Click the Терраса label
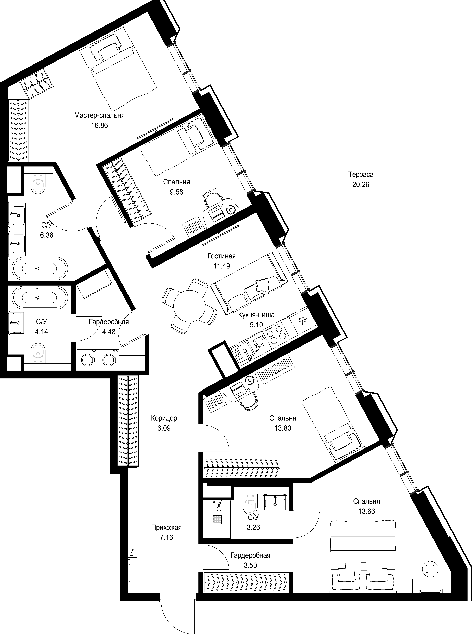(361, 174)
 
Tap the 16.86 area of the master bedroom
(99, 126)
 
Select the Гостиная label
(221, 256)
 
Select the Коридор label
(164, 418)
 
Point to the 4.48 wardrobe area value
(109, 332)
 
